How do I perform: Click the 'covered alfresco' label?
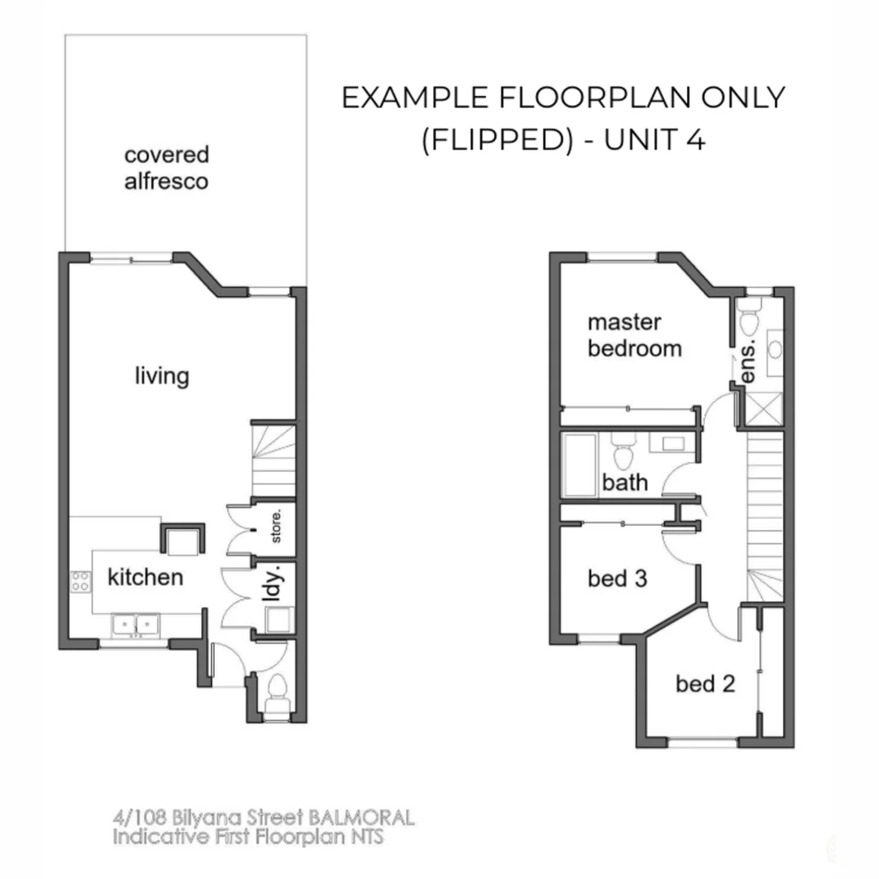[x=166, y=168]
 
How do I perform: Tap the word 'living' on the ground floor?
[x=161, y=376]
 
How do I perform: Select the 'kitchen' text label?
[x=145, y=578]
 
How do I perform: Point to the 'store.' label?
[x=276, y=527]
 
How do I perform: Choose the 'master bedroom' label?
[x=634, y=335]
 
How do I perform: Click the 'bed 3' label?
[x=617, y=579]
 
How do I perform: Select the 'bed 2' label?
[x=705, y=684]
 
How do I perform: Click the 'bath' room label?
[x=625, y=483]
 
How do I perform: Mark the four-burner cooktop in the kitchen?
[x=81, y=581]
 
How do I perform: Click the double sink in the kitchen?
[x=135, y=624]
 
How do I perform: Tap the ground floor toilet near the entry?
[x=276, y=693]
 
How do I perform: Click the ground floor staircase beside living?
[x=273, y=460]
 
